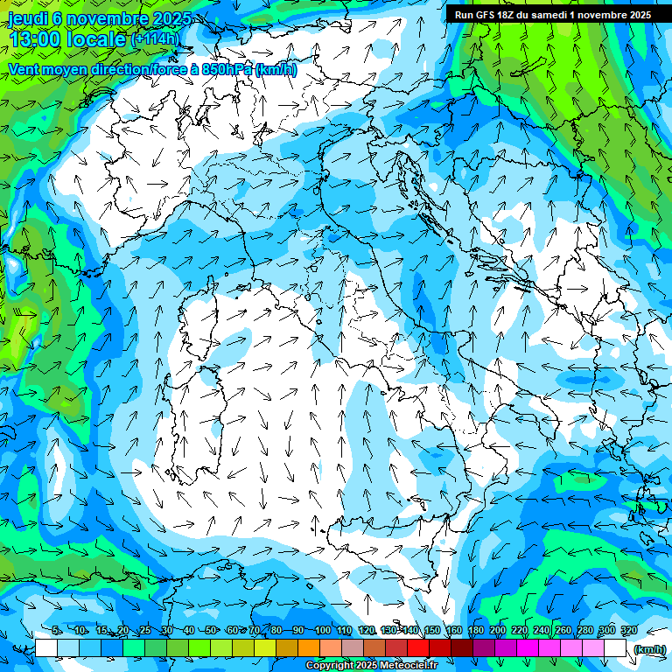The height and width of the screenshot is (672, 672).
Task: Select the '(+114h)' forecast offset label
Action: tap(154, 39)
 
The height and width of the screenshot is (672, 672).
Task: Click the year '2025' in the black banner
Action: tap(635, 15)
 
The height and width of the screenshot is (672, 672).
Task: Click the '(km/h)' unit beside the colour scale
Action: tap(648, 648)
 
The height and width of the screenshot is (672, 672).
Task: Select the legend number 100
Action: tap(322, 631)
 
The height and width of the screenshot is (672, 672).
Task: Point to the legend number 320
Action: tap(628, 631)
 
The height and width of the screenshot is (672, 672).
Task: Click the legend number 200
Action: tap(497, 631)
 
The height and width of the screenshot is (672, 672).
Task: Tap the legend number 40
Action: tap(189, 631)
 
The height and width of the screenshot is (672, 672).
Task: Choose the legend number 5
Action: tap(56, 631)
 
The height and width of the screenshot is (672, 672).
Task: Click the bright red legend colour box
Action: tap(418, 648)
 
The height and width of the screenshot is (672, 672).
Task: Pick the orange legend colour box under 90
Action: tap(309, 648)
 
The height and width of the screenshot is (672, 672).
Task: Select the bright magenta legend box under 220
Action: tap(528, 648)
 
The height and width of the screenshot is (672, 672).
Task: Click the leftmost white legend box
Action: tap(46, 648)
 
